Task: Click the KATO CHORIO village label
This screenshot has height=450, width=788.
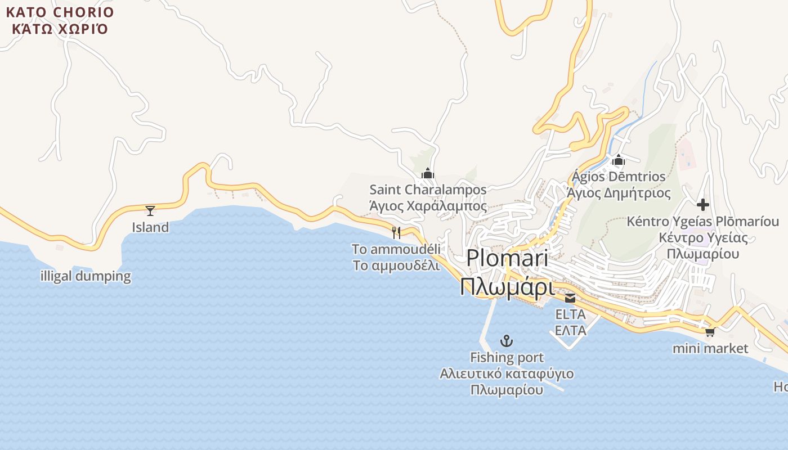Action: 60,12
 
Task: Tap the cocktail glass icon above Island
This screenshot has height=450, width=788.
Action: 150,211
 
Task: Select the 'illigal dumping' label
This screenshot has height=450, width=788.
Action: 86,276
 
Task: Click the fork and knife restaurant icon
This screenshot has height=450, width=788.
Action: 396,232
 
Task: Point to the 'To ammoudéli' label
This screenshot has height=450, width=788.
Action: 396,249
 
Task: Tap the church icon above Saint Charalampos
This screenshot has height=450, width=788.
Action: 428,173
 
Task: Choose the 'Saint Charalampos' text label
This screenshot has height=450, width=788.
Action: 428,190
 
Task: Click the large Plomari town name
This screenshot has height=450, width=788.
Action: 507,258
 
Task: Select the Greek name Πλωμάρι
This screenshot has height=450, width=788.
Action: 507,287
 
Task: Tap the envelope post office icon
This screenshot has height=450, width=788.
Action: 570,298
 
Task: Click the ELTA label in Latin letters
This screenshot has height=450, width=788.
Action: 570,314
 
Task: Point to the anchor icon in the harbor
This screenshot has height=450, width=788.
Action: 507,341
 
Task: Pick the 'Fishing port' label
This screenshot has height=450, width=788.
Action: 507,357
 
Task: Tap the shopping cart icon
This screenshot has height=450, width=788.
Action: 710,332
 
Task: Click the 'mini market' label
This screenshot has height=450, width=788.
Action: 710,349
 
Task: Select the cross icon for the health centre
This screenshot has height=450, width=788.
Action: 702,205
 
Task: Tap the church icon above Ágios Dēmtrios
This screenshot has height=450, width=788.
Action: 619,160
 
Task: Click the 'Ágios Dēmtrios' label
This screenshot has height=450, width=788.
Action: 619,177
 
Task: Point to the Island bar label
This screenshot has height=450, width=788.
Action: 150,227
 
